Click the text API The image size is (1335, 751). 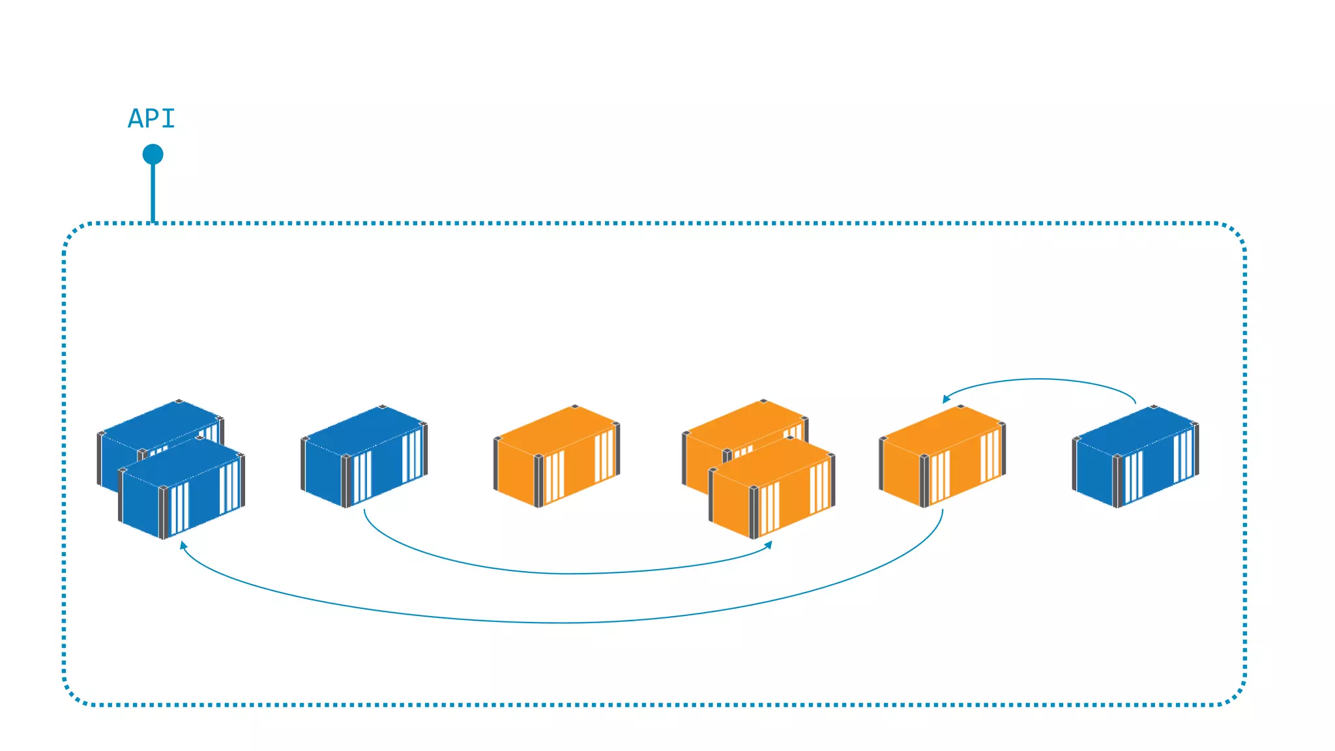(151, 119)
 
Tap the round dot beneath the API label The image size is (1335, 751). (153, 155)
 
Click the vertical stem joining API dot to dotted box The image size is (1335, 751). (153, 192)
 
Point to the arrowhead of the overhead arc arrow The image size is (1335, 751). (946, 398)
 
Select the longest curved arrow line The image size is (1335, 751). (561, 623)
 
